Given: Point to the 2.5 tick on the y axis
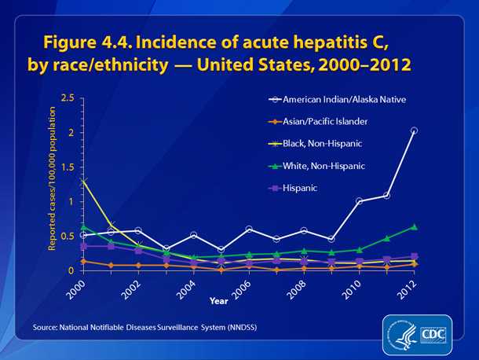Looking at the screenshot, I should [68, 98].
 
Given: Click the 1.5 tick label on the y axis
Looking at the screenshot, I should [68, 167].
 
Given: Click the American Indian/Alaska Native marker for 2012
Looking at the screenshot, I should [414, 130].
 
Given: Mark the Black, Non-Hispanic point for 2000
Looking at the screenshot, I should [83, 181].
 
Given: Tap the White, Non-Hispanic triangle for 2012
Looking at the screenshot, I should [414, 226].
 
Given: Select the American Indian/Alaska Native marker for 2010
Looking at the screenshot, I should [359, 201].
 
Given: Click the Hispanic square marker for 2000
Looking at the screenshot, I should [83, 246].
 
